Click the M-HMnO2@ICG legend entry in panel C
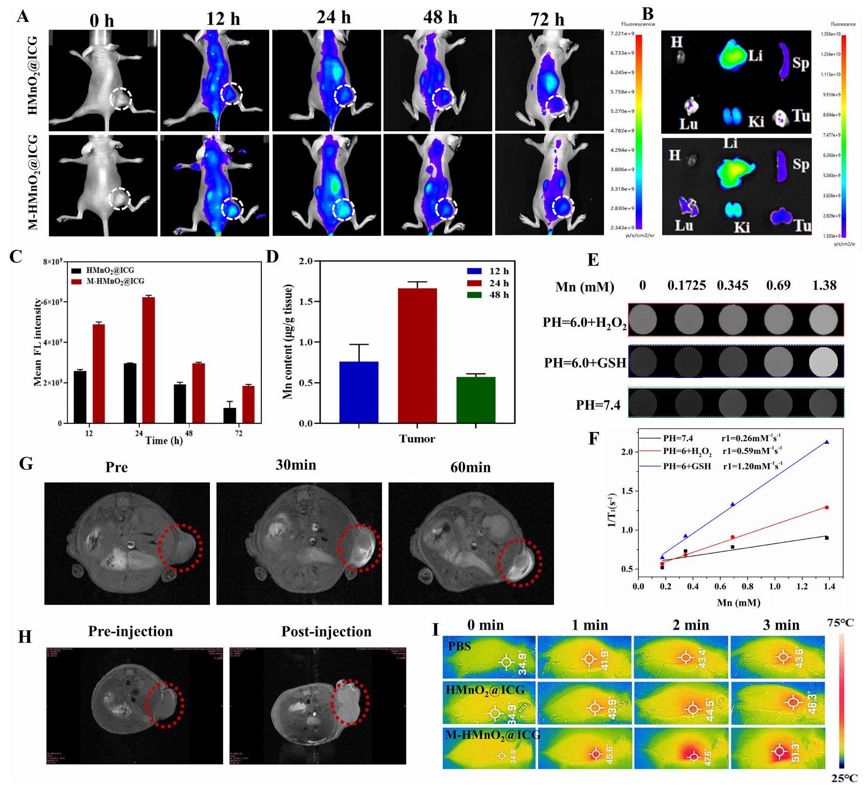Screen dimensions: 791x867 point(115,281)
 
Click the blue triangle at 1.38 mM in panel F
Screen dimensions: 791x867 point(826,442)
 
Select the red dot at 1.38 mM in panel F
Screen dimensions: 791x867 point(826,508)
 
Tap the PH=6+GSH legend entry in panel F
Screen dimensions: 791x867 point(687,466)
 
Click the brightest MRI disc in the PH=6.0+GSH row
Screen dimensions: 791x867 point(824,361)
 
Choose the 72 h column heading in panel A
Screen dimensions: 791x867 point(547,19)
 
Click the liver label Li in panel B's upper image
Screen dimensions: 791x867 point(755,55)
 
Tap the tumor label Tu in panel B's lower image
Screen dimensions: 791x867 point(802,225)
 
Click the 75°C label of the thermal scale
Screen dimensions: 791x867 point(840,623)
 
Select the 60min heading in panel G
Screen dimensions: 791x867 point(470,467)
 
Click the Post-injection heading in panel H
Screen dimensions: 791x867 point(326,632)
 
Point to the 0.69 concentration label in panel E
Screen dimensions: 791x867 point(778,285)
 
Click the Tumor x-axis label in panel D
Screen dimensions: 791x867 point(417,439)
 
